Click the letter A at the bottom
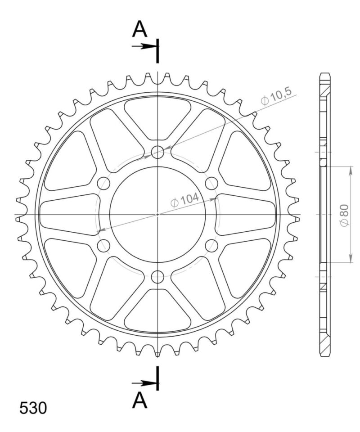point(140,400)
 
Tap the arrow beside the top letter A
point(144,46)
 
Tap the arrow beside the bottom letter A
point(144,383)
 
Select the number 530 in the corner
point(32,408)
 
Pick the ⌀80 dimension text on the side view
point(344,215)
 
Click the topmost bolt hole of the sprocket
point(157,152)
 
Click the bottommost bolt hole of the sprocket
point(157,277)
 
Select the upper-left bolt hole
point(104,183)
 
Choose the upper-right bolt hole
point(211,183)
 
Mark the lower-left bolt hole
point(104,246)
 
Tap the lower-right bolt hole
point(211,246)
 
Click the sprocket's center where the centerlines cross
point(157,215)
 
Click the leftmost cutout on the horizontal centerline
point(67,215)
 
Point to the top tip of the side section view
point(325,73)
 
